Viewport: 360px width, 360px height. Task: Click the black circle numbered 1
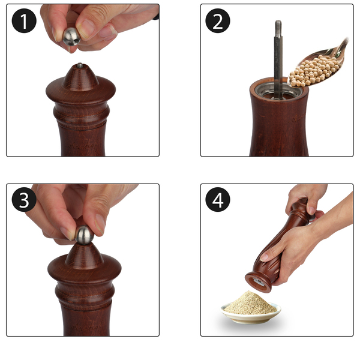[x=24, y=21]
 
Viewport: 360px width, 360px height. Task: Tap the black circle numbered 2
[x=218, y=21]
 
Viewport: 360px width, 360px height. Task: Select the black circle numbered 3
[x=24, y=199]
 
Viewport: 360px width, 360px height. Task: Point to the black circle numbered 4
[x=218, y=199]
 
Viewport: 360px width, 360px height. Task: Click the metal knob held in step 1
[x=71, y=37]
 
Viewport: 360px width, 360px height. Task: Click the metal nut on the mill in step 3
[x=85, y=235]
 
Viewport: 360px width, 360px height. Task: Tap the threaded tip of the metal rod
[x=278, y=26]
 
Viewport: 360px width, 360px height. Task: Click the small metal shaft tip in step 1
[x=80, y=65]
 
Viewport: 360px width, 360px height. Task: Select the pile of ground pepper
[x=250, y=303]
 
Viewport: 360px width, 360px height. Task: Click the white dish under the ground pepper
[x=251, y=314]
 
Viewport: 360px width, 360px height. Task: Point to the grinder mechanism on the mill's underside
[x=259, y=282]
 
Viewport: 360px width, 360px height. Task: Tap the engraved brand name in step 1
[x=82, y=145]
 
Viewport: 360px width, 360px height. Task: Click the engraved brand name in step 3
[x=85, y=327]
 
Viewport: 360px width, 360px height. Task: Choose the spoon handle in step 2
[x=340, y=49]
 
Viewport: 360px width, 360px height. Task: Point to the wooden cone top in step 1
[x=80, y=77]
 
